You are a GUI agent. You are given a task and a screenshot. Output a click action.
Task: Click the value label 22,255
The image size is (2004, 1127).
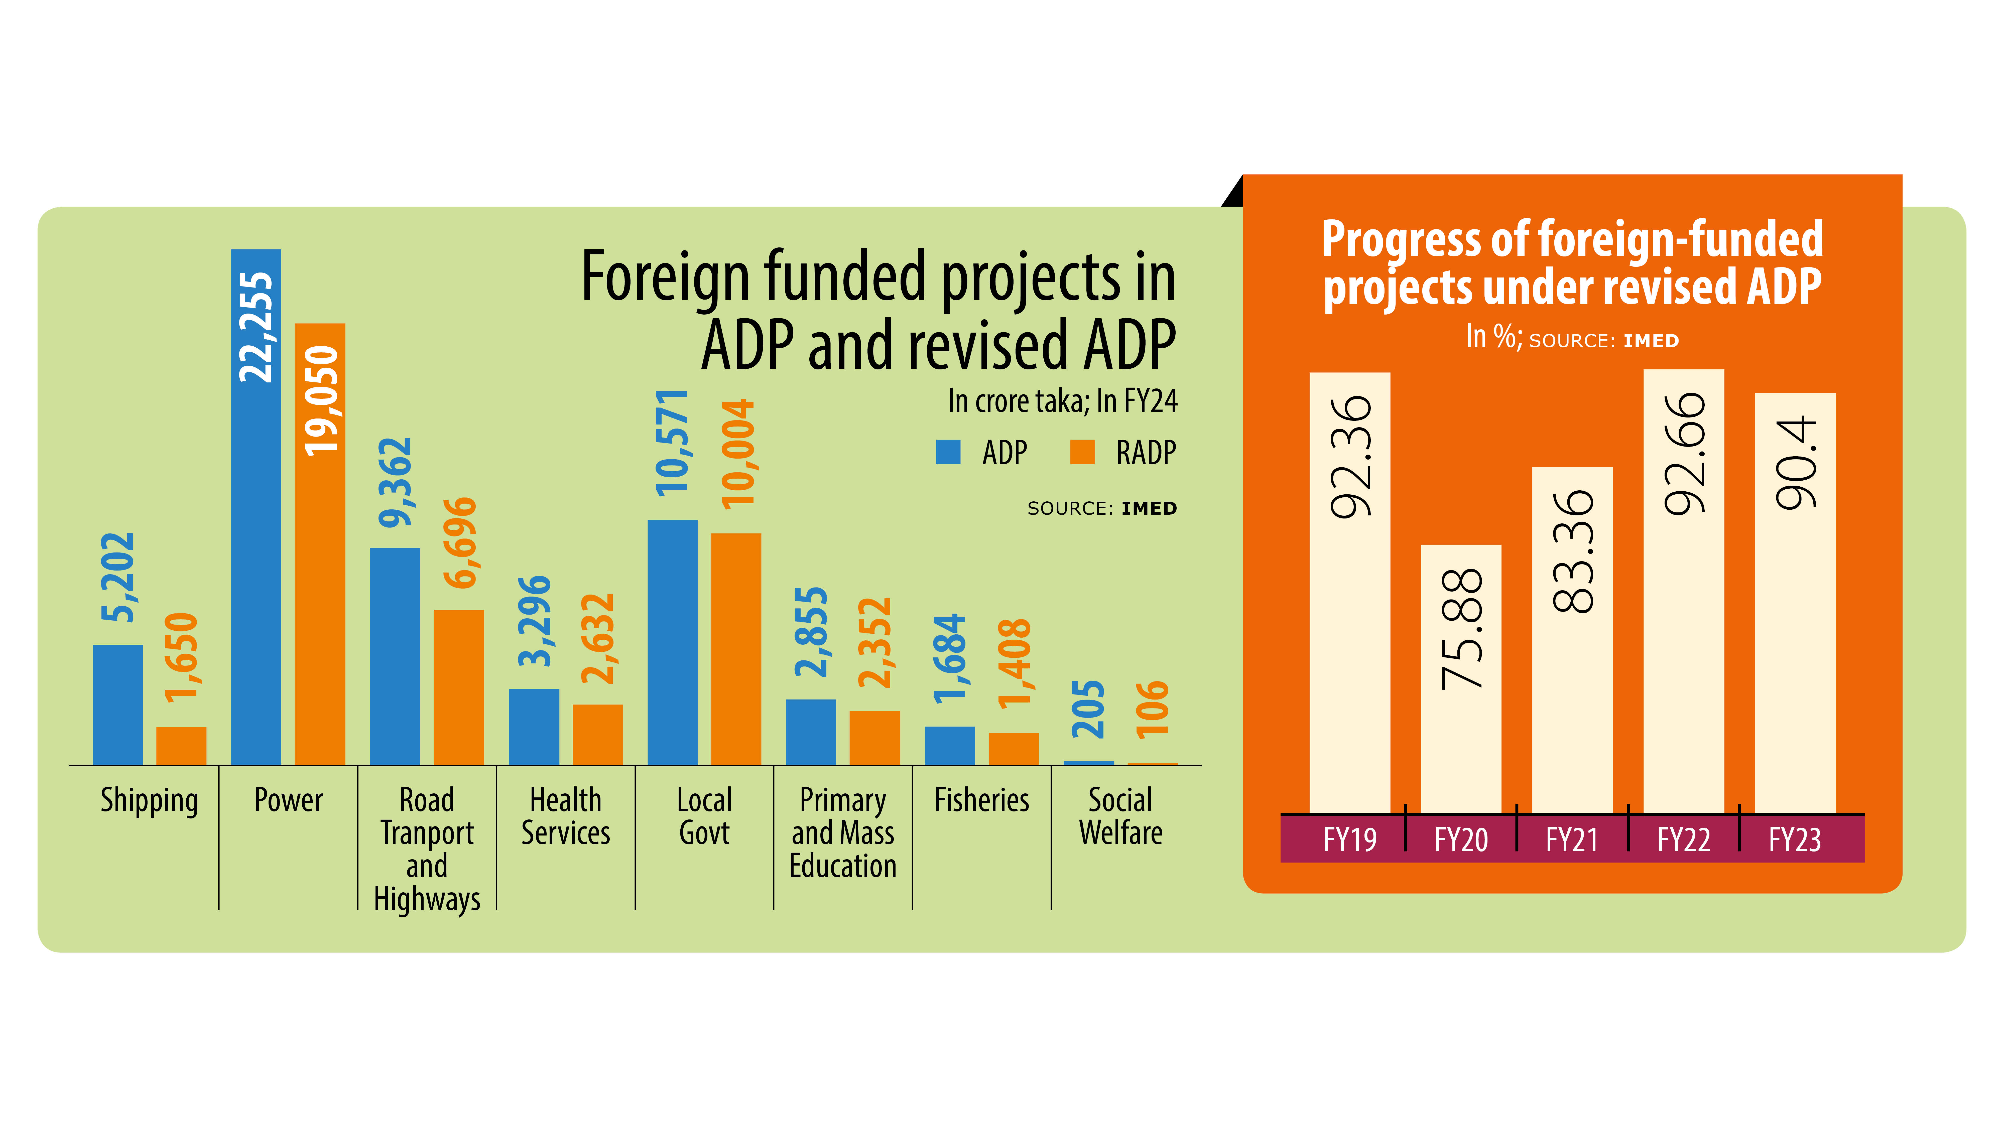(256, 327)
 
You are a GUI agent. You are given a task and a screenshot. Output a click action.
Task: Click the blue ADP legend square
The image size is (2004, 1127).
(948, 452)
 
